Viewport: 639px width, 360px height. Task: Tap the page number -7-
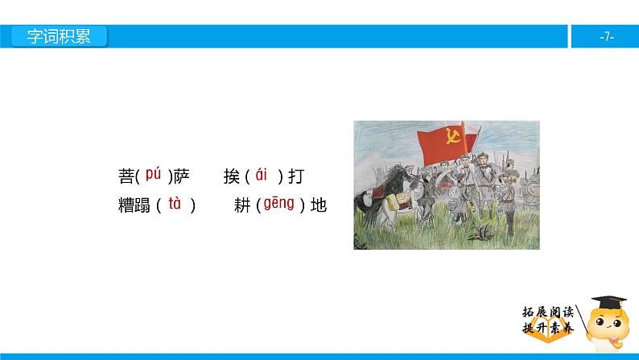click(x=607, y=37)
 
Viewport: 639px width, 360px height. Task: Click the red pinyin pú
click(x=154, y=173)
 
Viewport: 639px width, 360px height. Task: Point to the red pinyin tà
click(x=175, y=204)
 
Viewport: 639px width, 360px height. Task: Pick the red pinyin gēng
click(x=280, y=204)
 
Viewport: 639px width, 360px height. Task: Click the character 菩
click(x=126, y=176)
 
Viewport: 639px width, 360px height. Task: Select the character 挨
click(x=233, y=176)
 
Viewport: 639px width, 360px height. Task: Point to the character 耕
click(x=243, y=205)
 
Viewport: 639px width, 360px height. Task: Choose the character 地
click(x=319, y=205)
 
